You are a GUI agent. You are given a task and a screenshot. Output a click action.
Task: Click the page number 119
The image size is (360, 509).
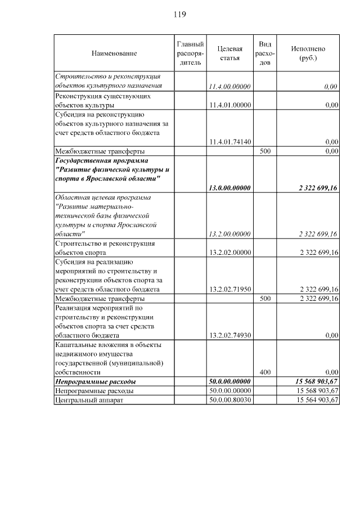coord(179,13)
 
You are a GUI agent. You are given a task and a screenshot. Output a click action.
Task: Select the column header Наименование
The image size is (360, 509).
coord(114,53)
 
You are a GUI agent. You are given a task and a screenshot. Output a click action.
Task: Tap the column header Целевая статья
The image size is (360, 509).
coord(229,53)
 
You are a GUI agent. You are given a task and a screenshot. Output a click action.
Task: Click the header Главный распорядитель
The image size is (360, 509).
coord(190,53)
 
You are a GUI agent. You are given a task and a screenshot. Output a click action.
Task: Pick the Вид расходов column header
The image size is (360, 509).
coord(265,53)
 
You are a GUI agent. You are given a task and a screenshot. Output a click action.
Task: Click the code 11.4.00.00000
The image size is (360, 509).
coord(229,86)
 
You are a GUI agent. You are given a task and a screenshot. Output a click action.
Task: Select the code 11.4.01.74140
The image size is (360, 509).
coord(229,142)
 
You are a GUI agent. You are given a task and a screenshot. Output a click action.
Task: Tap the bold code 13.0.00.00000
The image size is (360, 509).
coord(229,188)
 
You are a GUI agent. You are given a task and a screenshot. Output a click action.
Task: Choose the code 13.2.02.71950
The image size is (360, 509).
coord(229,289)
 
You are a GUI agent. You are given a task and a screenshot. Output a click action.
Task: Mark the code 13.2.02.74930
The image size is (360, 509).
coord(229,335)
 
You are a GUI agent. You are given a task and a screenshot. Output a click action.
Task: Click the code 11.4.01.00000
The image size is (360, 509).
coord(229,105)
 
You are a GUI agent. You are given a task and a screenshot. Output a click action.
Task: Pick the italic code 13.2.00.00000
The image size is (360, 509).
coord(229,234)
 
